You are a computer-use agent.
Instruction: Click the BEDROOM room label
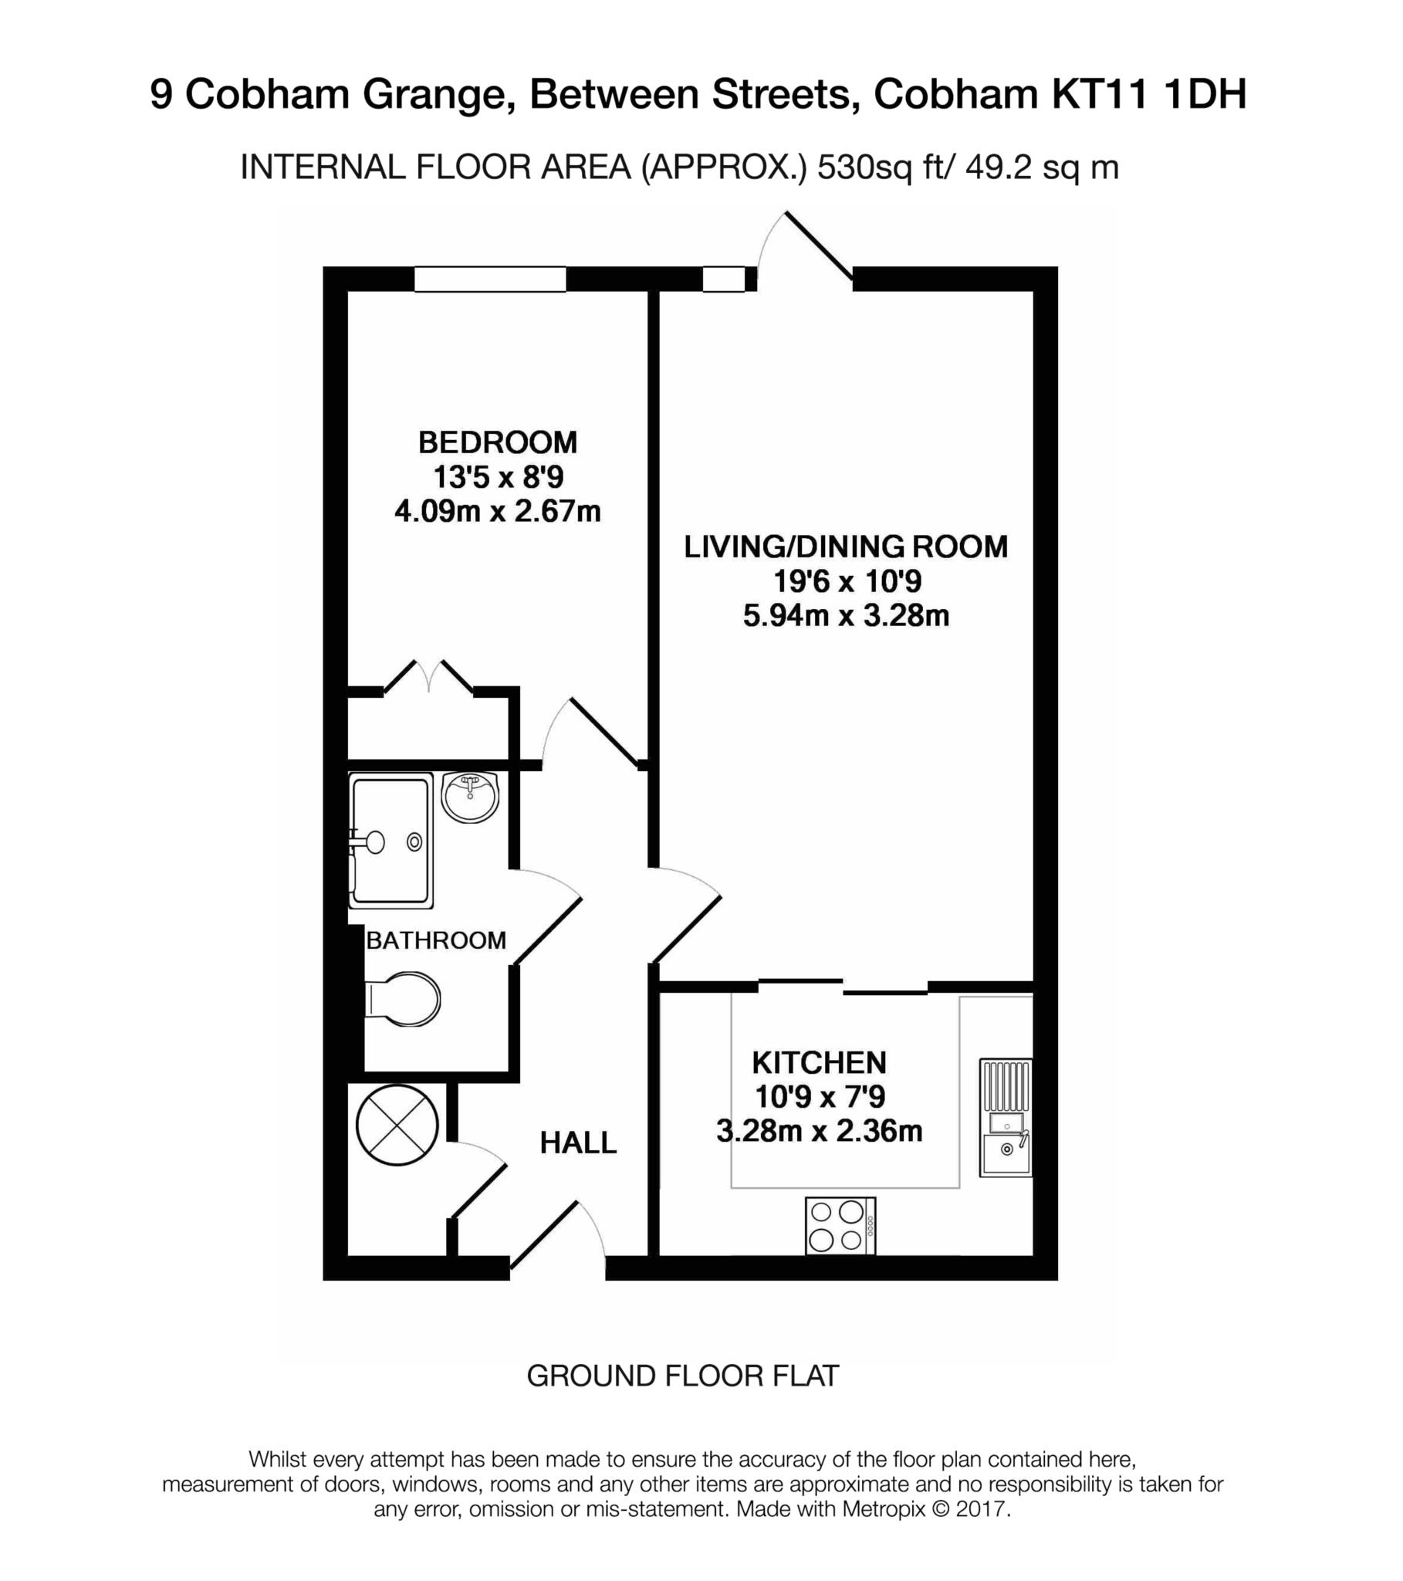click(497, 442)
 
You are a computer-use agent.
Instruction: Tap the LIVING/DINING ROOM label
click(845, 547)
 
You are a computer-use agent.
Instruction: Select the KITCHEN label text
click(819, 1063)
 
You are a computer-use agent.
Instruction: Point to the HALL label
click(578, 1143)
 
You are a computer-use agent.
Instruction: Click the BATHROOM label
click(435, 940)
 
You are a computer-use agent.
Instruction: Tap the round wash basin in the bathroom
click(470, 797)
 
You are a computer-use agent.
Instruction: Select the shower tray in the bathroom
click(391, 841)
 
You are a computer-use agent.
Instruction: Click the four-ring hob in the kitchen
click(840, 1226)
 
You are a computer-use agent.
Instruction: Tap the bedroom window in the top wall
click(489, 279)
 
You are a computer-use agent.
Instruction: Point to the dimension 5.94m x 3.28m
click(845, 617)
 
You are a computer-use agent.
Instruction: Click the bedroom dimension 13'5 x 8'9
click(497, 477)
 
